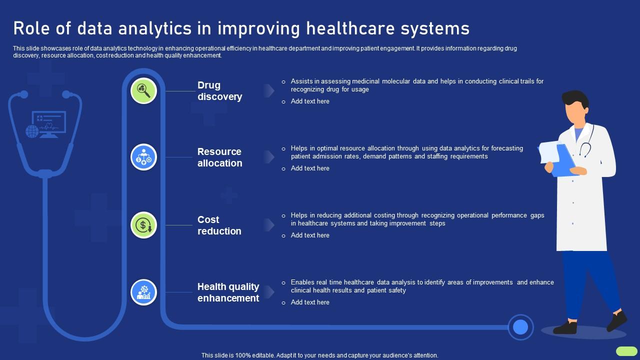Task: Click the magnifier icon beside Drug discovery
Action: (x=143, y=91)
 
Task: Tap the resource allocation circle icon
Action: (x=143, y=157)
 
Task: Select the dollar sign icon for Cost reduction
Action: (x=143, y=225)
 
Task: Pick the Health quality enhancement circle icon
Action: (x=143, y=292)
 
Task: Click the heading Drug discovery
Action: (x=219, y=91)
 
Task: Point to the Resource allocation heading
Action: (x=219, y=157)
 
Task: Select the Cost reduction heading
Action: (x=219, y=225)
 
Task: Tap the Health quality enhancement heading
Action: (x=228, y=292)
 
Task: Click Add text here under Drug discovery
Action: (x=310, y=101)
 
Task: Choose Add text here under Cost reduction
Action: (x=310, y=235)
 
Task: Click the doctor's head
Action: (x=575, y=107)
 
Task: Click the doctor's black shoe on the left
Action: (x=565, y=327)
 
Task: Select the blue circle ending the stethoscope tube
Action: (x=520, y=327)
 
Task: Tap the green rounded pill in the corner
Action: (x=626, y=351)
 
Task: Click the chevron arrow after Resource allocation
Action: (x=269, y=157)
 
